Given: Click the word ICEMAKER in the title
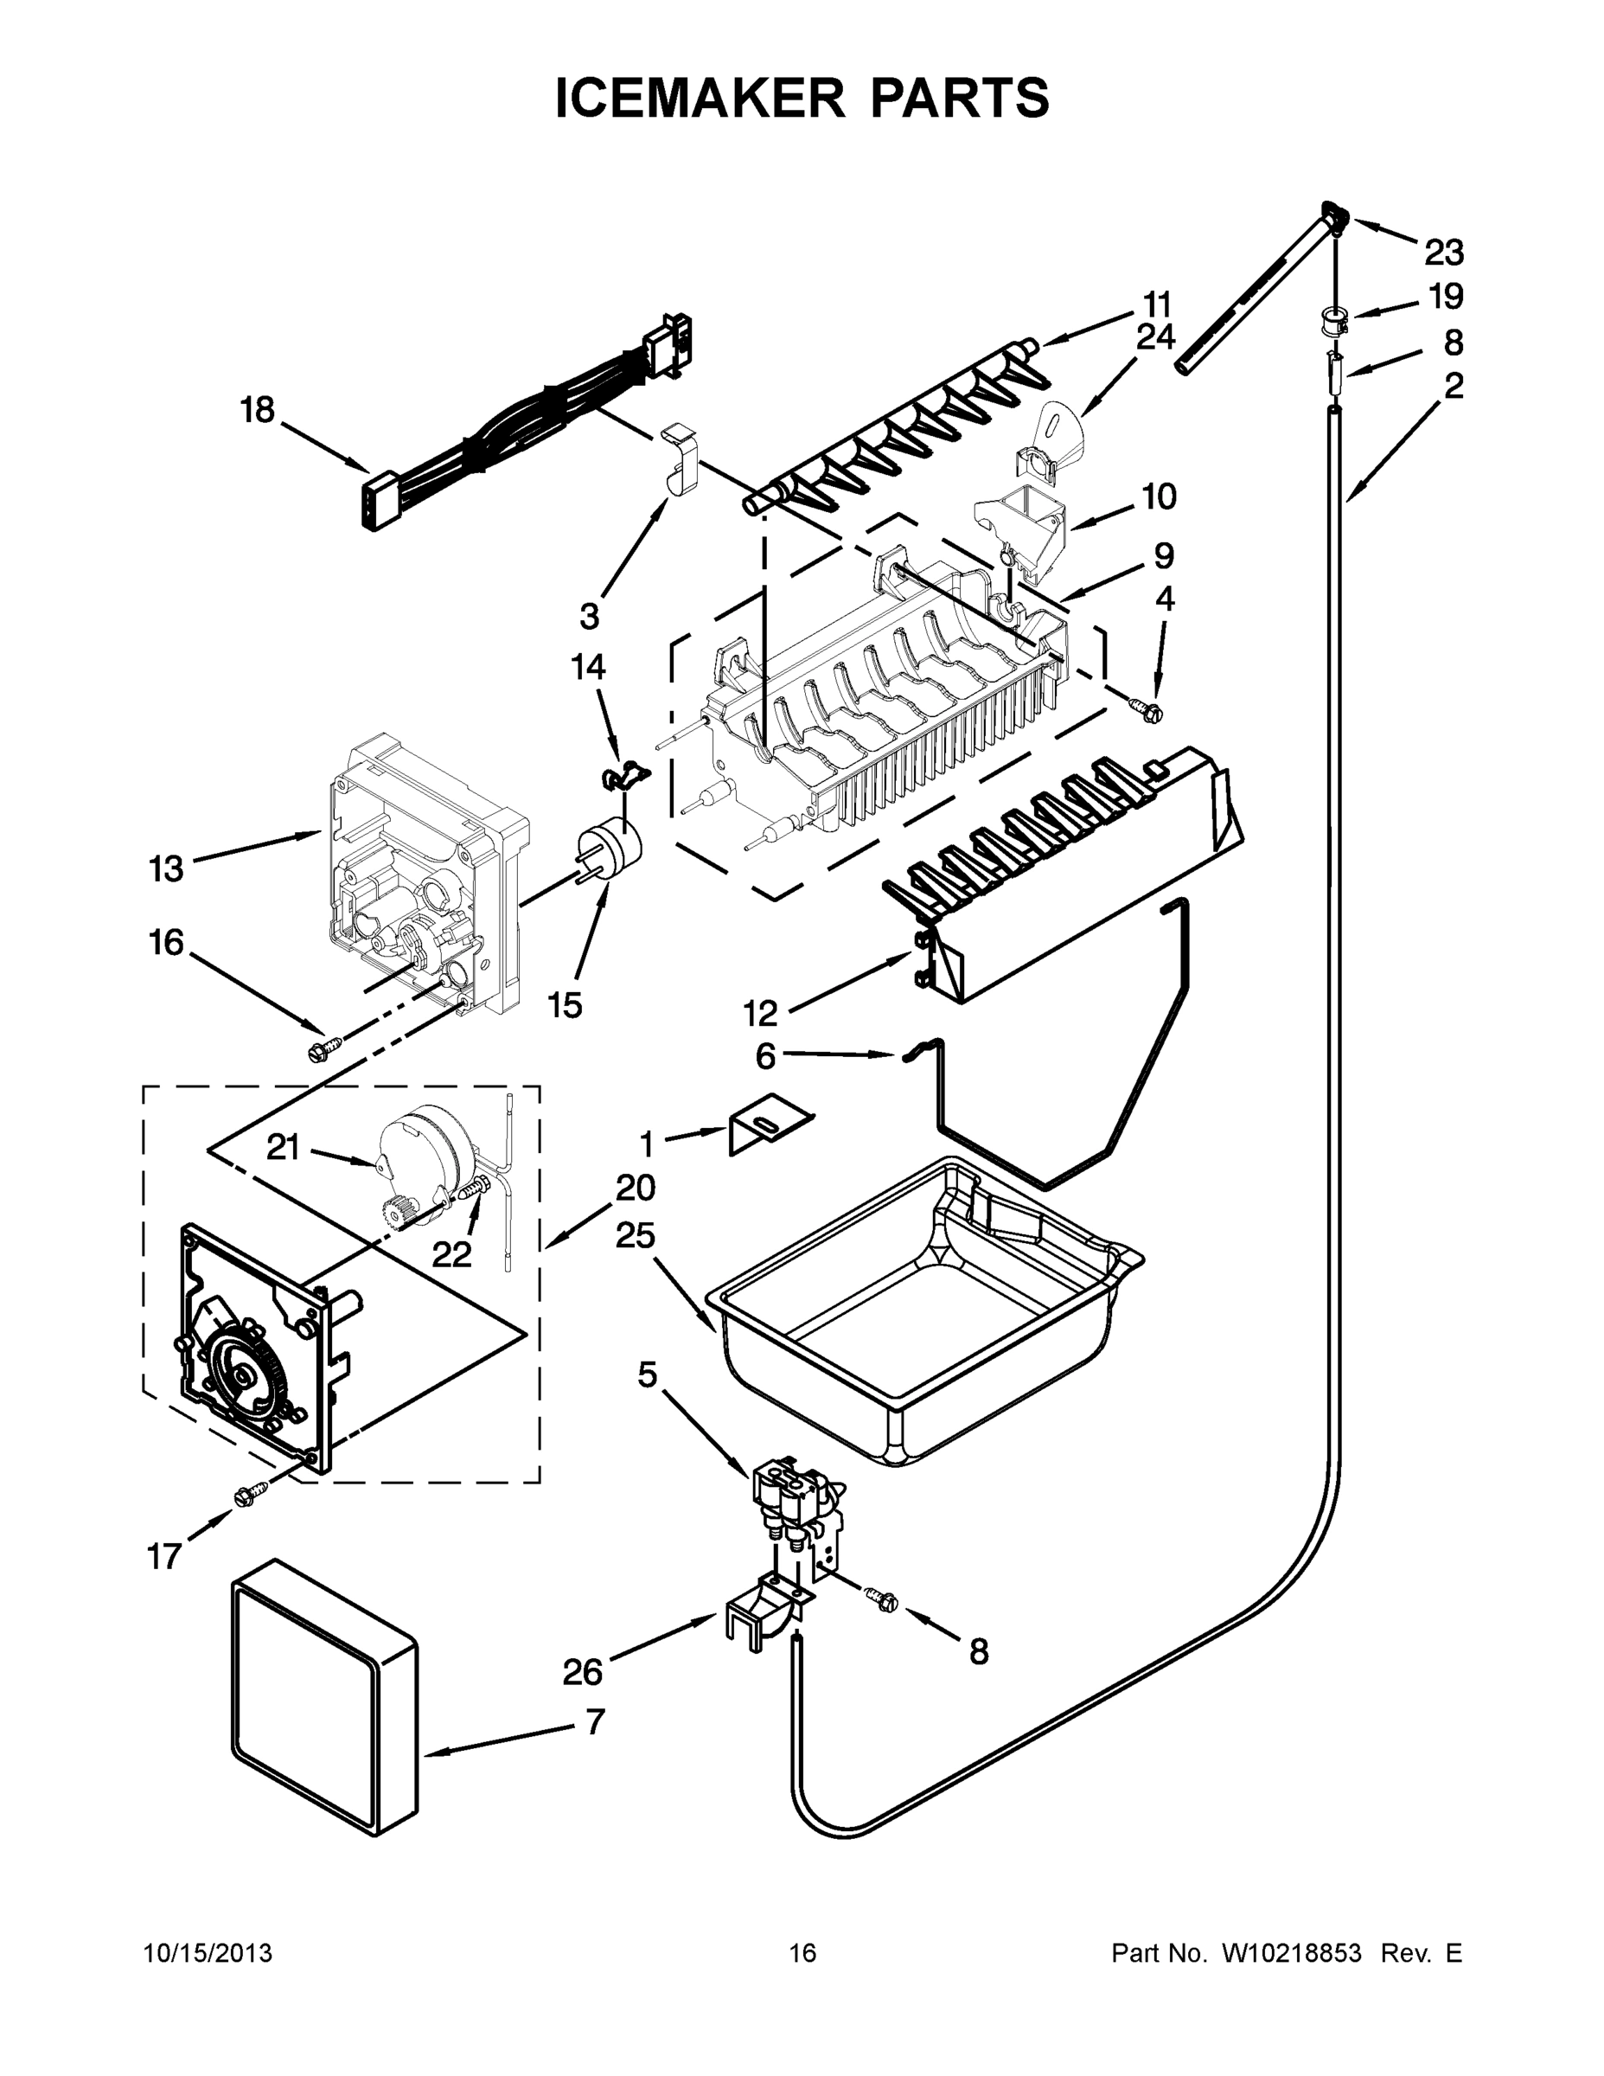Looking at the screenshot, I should (700, 97).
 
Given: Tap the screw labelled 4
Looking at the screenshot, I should (1145, 708).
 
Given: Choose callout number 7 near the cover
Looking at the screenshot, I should (594, 1721).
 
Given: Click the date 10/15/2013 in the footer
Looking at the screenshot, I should (208, 1952).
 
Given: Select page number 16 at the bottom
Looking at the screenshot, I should (802, 1952).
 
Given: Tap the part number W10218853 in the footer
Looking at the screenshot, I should (1290, 1952).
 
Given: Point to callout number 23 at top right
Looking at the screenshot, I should (1443, 253).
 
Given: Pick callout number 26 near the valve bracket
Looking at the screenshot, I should (582, 1671).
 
